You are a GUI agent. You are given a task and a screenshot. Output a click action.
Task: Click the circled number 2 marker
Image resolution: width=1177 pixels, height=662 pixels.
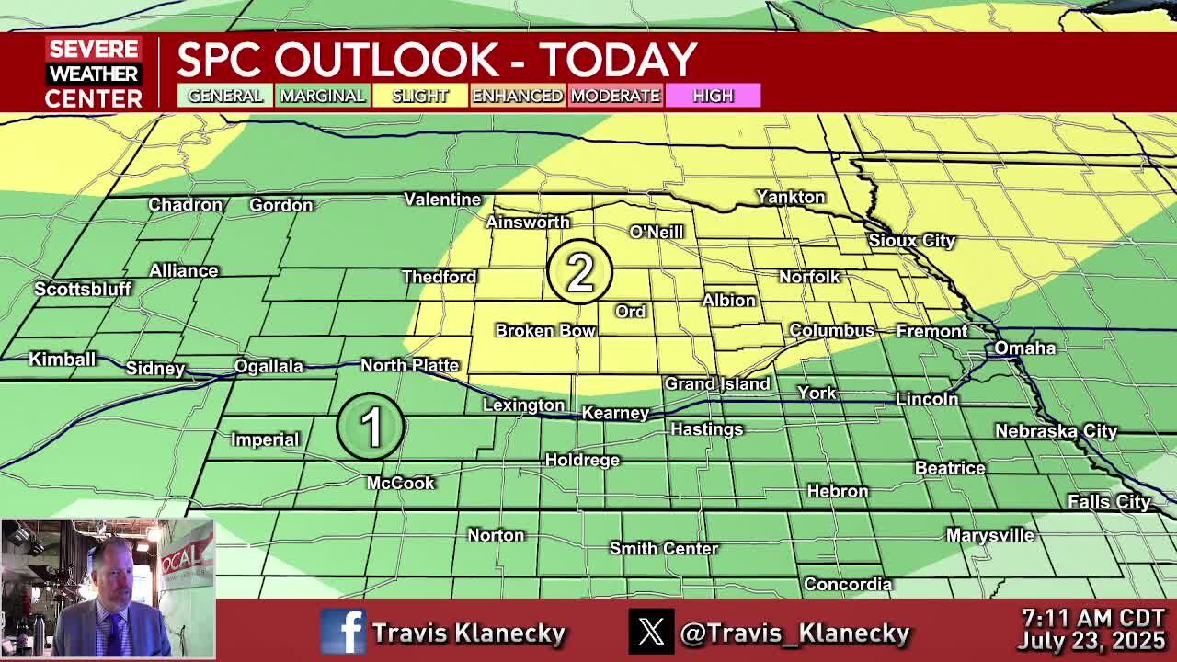(x=579, y=271)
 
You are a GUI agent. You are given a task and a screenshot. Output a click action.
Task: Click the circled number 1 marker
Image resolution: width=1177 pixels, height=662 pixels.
(x=371, y=426)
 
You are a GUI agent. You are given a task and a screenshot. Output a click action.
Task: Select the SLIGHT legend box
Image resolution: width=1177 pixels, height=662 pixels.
(x=419, y=96)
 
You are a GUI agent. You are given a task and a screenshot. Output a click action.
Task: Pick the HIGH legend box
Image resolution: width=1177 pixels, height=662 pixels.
(x=713, y=96)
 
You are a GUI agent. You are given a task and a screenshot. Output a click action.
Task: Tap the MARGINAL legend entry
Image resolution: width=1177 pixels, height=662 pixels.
(x=322, y=96)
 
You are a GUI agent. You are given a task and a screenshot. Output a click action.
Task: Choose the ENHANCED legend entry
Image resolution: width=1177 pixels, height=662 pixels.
(x=517, y=96)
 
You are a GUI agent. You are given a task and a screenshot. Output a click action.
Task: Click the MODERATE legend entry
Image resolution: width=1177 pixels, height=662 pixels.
(x=615, y=96)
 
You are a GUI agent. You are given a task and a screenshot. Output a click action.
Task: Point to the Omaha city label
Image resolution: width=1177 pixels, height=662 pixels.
(x=1024, y=348)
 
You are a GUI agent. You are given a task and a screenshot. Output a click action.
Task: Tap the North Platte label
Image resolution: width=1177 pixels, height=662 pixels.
(x=409, y=365)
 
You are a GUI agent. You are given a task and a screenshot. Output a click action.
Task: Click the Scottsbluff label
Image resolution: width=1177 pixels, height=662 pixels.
(x=83, y=289)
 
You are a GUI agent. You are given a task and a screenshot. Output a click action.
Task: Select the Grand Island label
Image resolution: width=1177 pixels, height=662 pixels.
(x=717, y=383)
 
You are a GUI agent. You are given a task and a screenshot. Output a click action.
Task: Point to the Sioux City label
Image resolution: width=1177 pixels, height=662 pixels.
(x=911, y=240)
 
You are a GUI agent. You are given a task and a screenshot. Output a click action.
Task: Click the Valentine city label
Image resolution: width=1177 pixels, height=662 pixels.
(x=442, y=200)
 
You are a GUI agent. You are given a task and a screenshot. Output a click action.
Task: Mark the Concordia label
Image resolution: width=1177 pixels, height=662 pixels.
(x=847, y=584)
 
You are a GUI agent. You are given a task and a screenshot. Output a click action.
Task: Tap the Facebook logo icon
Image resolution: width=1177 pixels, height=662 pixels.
(x=343, y=633)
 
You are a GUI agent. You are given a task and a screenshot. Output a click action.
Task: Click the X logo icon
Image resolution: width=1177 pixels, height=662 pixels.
(x=651, y=633)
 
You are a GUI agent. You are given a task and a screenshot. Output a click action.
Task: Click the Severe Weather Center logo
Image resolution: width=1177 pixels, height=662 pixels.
(x=94, y=74)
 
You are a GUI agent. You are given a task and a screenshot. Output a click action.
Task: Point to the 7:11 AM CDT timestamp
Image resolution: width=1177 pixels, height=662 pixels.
(x=1093, y=617)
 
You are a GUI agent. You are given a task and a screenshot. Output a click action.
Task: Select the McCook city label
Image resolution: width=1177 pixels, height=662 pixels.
(x=400, y=483)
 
